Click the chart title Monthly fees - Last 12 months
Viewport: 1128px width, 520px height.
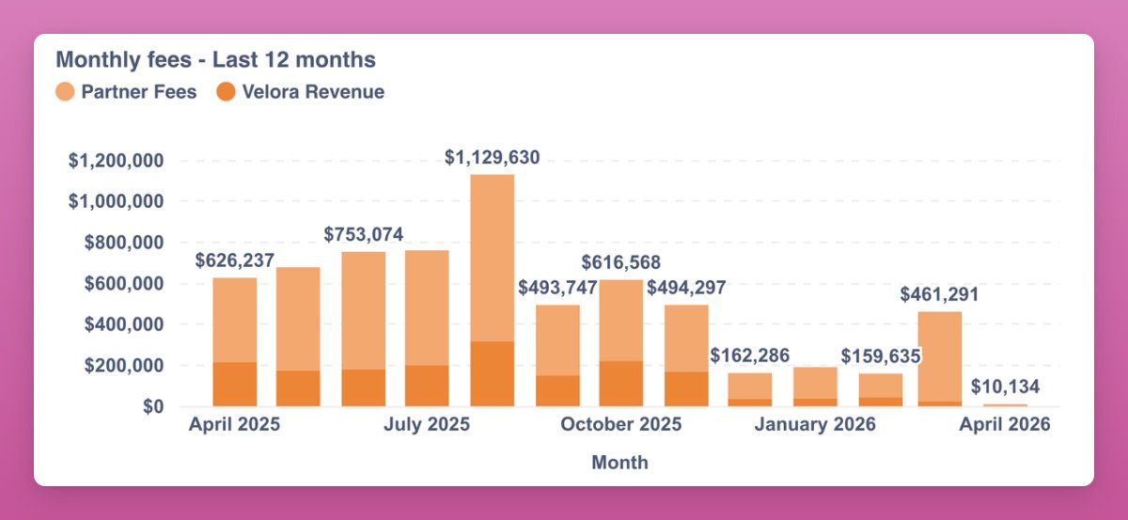(x=215, y=60)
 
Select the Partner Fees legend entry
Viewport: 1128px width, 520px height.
(x=126, y=92)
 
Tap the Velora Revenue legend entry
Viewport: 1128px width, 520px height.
(x=300, y=92)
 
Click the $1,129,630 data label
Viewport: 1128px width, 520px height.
(x=493, y=158)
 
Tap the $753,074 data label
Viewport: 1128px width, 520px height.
(x=364, y=234)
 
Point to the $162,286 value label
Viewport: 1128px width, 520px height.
(x=750, y=355)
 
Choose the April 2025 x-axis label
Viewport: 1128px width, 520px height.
(x=234, y=425)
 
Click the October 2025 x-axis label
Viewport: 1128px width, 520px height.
(x=621, y=425)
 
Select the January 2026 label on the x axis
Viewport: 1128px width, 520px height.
(x=815, y=425)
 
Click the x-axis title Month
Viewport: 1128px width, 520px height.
(x=619, y=463)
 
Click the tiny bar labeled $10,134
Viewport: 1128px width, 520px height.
(x=1005, y=405)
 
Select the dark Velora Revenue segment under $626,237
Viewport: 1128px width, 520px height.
(x=235, y=385)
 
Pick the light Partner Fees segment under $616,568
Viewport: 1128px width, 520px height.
(x=621, y=320)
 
